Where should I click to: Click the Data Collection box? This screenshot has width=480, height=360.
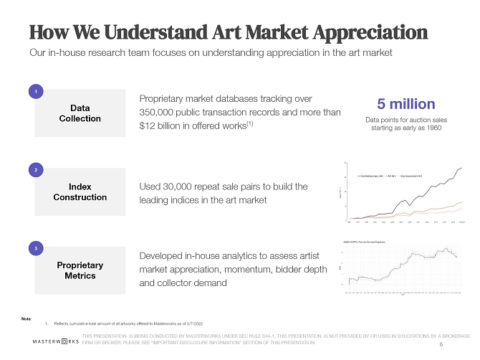pyautogui.click(x=80, y=113)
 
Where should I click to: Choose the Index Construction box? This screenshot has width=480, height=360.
pyautogui.click(x=80, y=191)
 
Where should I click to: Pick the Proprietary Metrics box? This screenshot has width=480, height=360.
pyautogui.click(x=80, y=270)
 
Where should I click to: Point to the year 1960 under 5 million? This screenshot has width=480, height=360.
pyautogui.click(x=429, y=128)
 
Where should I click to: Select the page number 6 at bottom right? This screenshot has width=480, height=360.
pyautogui.click(x=440, y=344)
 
